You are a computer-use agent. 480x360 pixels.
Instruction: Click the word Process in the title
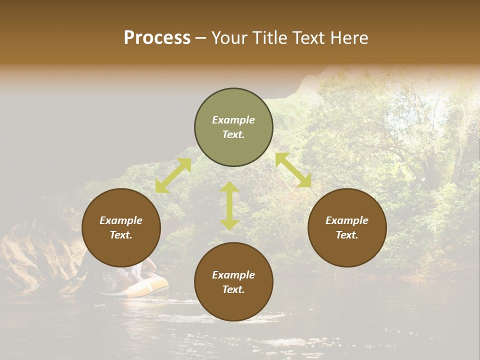[x=157, y=38]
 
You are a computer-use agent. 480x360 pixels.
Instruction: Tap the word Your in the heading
[x=227, y=38]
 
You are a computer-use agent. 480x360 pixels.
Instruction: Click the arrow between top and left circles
[x=173, y=175]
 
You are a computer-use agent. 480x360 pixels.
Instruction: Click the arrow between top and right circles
[x=293, y=170]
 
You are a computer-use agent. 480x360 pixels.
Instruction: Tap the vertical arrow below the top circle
[x=229, y=205]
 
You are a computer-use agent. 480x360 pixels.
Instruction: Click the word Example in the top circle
[x=233, y=120]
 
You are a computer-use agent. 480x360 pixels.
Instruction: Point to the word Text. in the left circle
[x=121, y=235]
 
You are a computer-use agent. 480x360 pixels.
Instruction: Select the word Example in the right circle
[x=347, y=220]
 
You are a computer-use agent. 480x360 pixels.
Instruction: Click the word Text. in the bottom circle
[x=233, y=289]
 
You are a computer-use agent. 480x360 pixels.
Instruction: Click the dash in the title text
[x=201, y=38]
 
